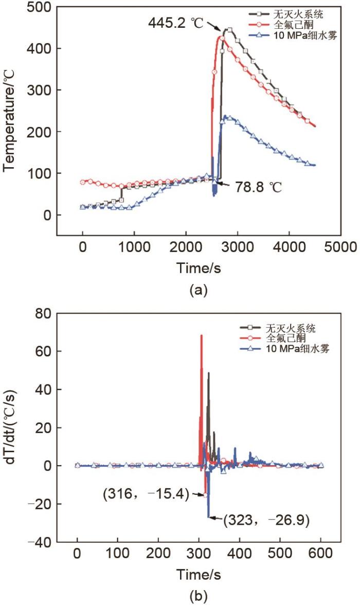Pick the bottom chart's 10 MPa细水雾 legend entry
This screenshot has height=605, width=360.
tap(298, 349)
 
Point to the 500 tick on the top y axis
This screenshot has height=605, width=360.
tap(42, 7)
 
